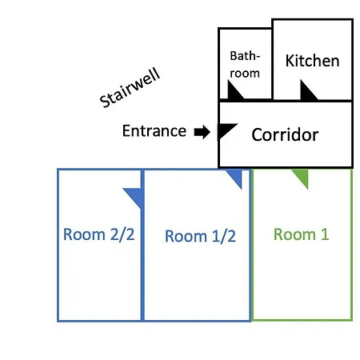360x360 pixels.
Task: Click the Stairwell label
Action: pos(130,88)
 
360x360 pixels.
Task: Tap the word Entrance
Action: pos(154,131)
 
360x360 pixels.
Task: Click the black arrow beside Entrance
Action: pos(202,132)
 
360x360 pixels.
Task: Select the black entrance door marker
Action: pos(226,130)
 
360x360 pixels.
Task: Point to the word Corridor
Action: pos(285,134)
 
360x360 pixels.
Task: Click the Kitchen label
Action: pos(312,61)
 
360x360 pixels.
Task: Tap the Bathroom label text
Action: pos(245,65)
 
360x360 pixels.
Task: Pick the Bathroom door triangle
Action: pos(235,90)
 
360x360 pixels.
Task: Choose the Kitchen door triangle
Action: pos(309,90)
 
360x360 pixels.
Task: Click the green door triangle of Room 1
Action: pos(302,178)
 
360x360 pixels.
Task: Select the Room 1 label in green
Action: pos(301,234)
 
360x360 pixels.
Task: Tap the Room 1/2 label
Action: pos(200,236)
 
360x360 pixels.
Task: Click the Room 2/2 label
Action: pos(98,234)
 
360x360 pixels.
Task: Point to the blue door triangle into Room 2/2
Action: pos(134,198)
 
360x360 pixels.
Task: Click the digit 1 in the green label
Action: pos(325,234)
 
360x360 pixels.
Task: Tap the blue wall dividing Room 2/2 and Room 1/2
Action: pos(142,245)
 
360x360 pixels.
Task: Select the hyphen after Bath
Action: pos(258,57)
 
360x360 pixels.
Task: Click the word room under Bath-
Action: pos(245,74)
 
